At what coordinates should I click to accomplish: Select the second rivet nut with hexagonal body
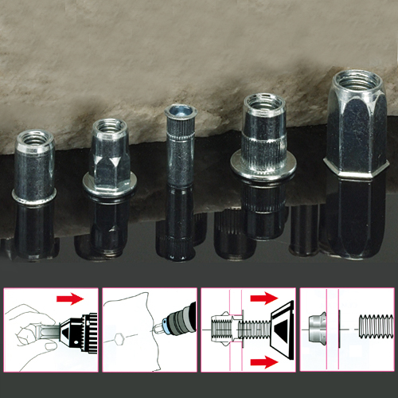pos(109,156)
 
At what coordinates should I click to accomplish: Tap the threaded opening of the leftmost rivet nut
pos(36,140)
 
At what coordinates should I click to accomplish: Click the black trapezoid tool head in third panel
pos(277,330)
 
